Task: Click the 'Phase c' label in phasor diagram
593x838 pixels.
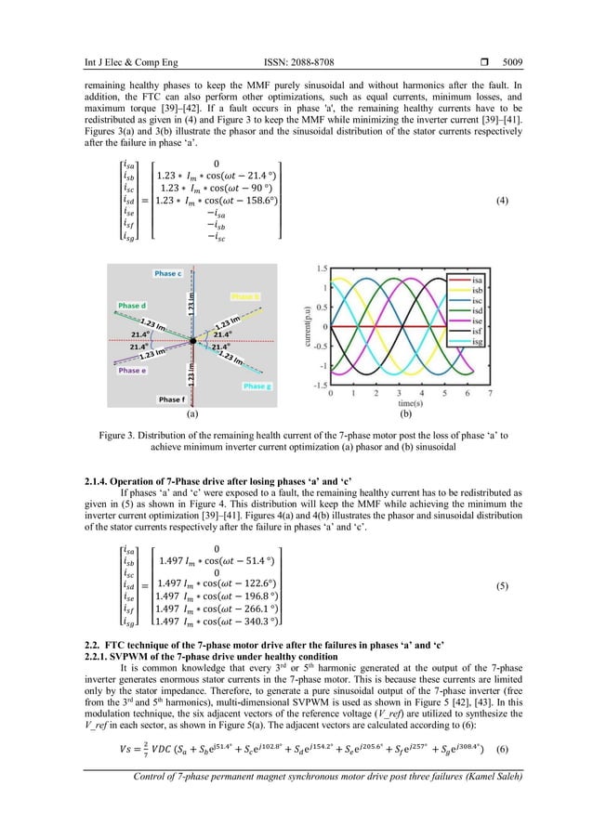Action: [168, 274]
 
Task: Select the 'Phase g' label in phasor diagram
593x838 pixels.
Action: [256, 386]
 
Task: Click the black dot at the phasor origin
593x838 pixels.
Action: [191, 341]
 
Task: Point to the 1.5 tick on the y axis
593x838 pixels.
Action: [321, 268]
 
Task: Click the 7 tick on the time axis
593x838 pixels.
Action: [490, 394]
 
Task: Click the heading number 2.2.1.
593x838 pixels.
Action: [98, 658]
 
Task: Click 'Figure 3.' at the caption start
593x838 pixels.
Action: [124, 434]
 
